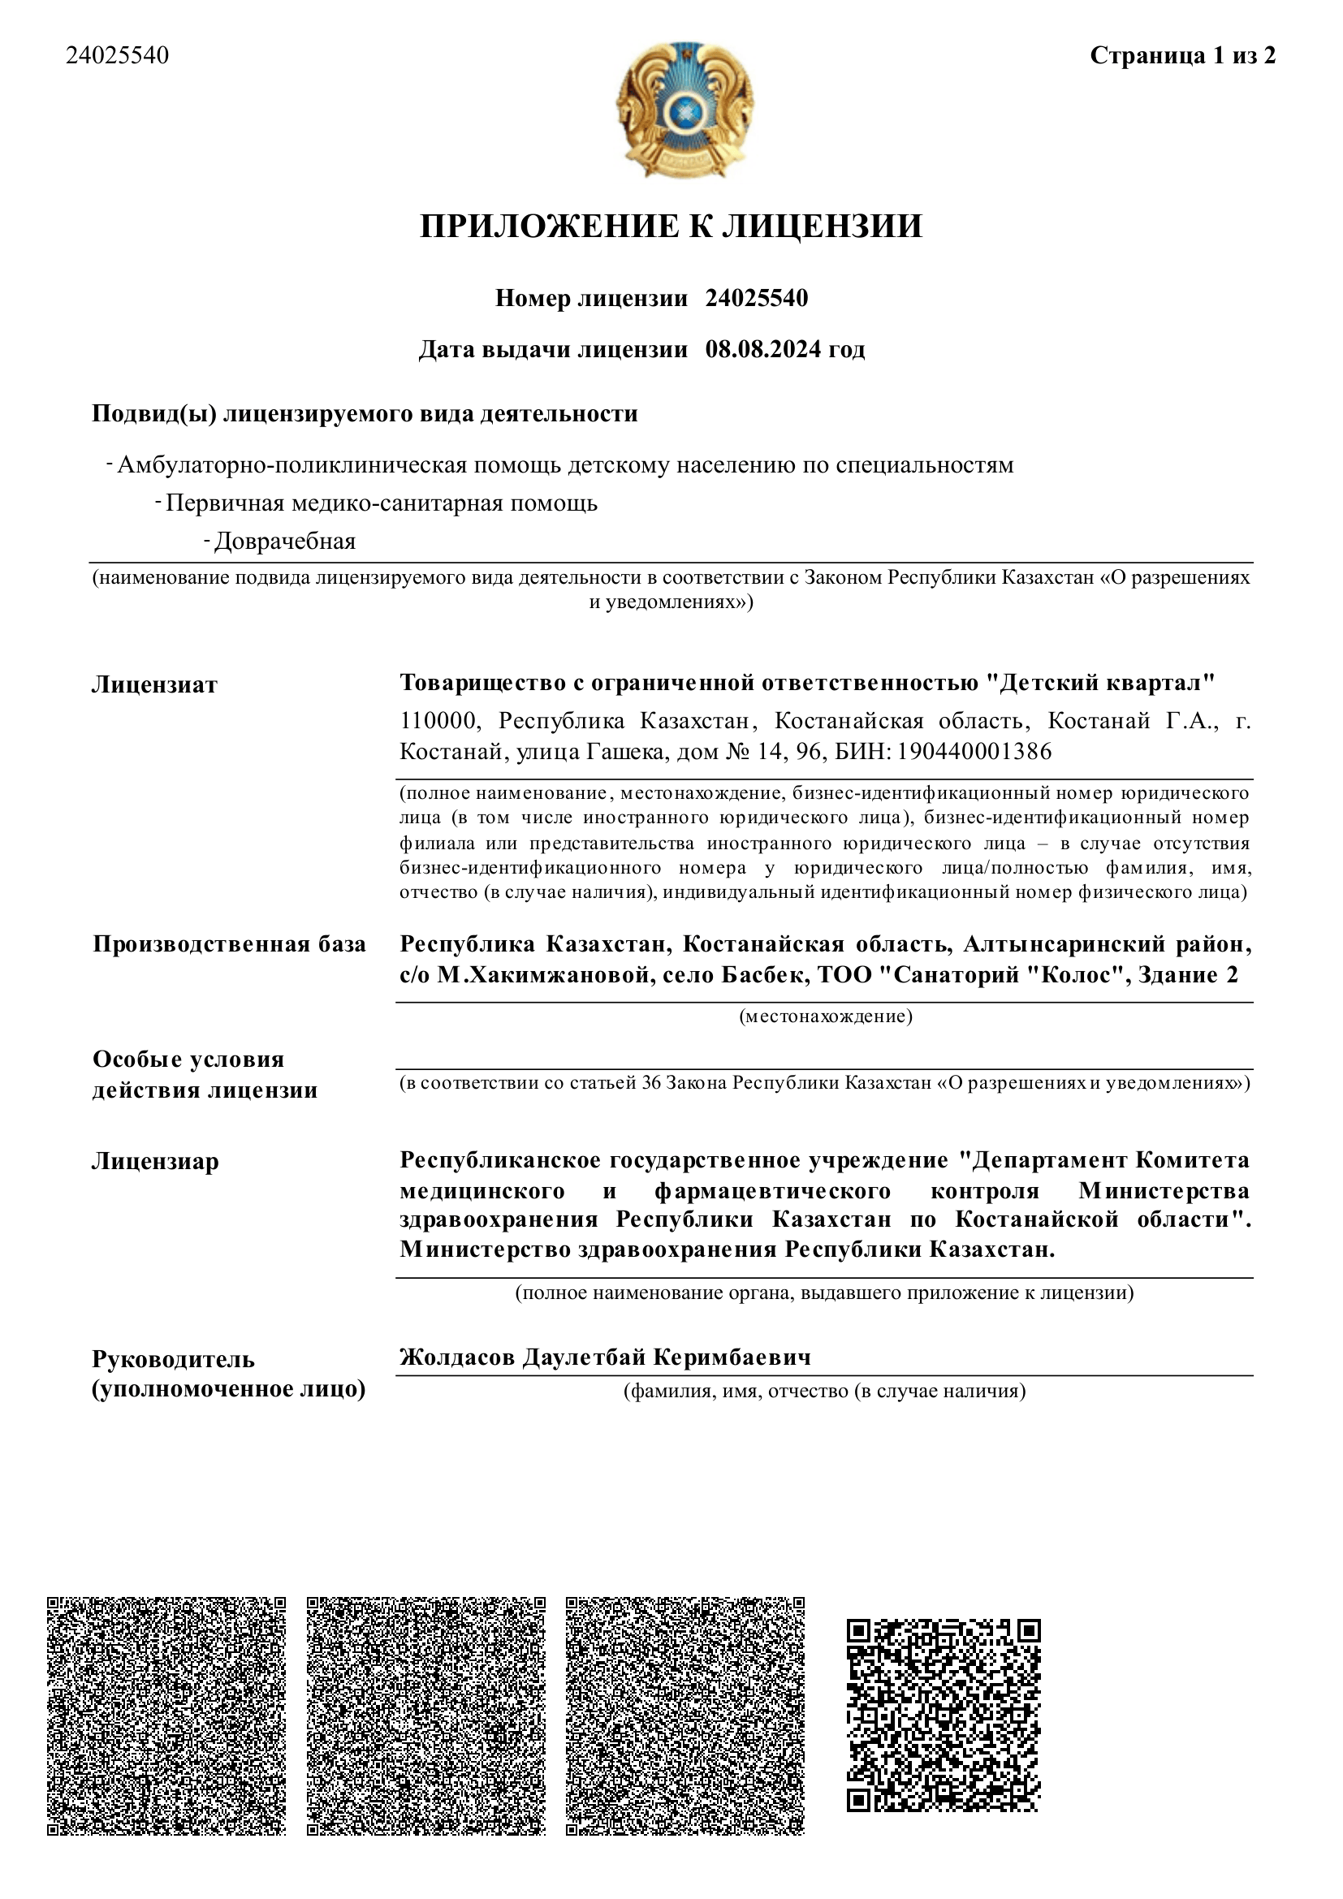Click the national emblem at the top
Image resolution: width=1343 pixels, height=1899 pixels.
pos(684,109)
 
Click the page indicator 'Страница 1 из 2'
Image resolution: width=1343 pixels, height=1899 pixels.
pos(1182,55)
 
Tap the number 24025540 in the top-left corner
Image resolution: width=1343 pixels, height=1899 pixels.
pos(118,55)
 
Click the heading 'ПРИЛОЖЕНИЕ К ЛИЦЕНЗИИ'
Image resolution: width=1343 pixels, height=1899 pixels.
pos(671,227)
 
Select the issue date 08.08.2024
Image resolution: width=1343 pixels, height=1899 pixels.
pos(763,349)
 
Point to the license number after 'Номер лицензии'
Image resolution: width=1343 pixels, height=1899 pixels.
pos(756,298)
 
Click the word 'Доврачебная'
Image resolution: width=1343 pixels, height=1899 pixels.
pos(284,542)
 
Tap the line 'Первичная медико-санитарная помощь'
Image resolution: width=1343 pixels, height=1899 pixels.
pos(382,503)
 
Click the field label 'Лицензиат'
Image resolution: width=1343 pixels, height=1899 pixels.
pos(154,685)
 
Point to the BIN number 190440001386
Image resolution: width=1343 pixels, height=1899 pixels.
pos(975,751)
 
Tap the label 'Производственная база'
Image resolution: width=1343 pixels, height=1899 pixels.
pos(229,944)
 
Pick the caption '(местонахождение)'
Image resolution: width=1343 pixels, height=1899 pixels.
pos(825,1016)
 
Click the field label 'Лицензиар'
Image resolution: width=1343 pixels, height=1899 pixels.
pos(155,1161)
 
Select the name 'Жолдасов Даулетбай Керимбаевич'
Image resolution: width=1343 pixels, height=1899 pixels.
pos(606,1357)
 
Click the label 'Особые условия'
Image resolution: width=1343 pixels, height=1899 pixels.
pos(188,1060)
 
